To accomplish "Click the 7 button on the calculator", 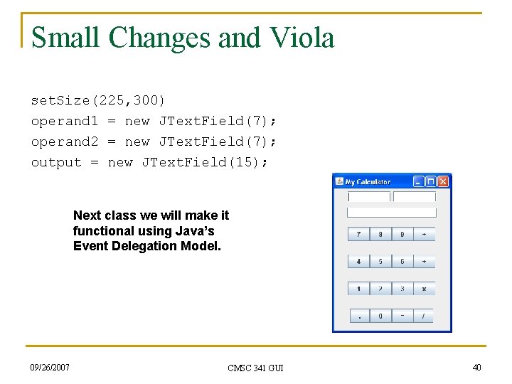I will [358, 234].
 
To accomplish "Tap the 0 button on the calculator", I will [380, 316].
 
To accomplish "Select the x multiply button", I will [424, 289].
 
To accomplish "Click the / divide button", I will [424, 316].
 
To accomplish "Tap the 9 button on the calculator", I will [402, 234].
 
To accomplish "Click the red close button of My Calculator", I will [443, 182].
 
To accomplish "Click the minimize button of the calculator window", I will [419, 182].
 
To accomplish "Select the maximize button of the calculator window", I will [431, 182].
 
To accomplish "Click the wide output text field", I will [391, 212].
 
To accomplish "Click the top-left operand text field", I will [369, 197].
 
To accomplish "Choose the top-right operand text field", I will [415, 197].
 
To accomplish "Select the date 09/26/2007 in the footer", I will [50, 367].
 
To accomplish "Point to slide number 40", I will [476, 367].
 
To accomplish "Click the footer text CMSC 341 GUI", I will [255, 368].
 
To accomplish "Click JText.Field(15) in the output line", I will [205, 162].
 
